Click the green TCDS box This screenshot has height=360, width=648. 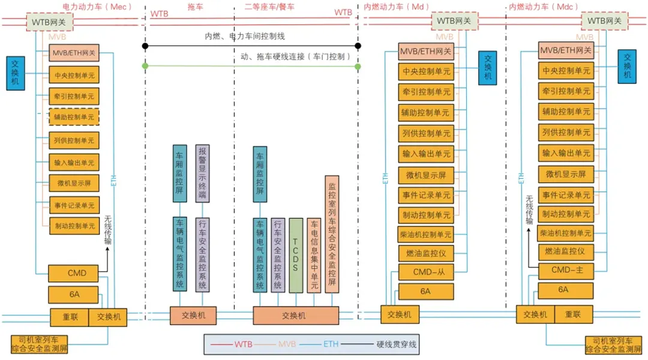296,254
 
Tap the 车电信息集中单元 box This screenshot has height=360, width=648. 314,254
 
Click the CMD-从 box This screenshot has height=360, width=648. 426,272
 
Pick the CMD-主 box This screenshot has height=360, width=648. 567,270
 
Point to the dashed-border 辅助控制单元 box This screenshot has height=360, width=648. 74,117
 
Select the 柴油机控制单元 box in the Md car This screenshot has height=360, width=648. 426,235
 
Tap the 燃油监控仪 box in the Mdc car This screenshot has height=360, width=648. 566,251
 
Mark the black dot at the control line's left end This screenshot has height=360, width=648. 145,46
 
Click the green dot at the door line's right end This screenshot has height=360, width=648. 358,66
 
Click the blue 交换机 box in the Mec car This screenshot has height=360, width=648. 16,74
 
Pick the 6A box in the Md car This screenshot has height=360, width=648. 425,291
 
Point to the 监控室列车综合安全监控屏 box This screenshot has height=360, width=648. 332,234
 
